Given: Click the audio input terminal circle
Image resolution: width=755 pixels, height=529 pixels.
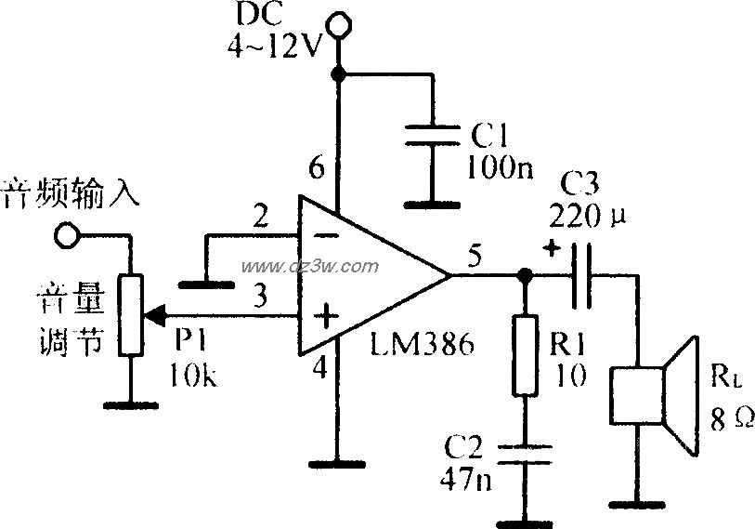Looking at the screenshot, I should click(x=64, y=234).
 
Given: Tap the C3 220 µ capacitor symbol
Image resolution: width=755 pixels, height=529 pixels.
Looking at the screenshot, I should click(x=581, y=274).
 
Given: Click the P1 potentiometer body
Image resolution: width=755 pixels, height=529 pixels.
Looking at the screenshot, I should click(x=129, y=314).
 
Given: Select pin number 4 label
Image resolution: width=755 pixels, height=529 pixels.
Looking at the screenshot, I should click(x=319, y=369).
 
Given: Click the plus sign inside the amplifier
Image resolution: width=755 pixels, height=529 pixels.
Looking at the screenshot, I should click(x=325, y=319).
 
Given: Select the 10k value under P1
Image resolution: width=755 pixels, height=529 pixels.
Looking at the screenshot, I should click(x=192, y=375).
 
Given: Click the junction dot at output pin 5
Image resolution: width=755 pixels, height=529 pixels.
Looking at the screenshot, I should click(x=525, y=275).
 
